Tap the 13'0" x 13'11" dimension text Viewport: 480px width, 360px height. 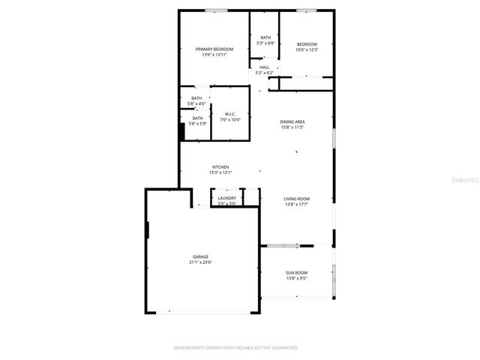click(214, 55)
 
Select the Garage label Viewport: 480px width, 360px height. click(200, 256)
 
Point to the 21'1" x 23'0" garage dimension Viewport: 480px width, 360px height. click(200, 262)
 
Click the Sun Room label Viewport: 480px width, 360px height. click(296, 272)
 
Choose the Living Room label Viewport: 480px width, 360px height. click(296, 199)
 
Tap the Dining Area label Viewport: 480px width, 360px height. click(292, 121)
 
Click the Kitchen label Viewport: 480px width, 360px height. click(220, 166)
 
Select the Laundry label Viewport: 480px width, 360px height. click(226, 198)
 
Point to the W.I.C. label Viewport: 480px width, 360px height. click(230, 114)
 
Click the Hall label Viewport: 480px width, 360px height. click(265, 67)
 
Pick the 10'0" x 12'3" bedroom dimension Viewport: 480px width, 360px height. click(307, 50)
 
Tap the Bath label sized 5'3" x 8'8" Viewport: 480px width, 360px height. click(265, 37)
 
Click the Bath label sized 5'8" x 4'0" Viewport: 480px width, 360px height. click(196, 98)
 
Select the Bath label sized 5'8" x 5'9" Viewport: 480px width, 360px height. click(197, 118)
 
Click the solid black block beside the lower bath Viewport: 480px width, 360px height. click(181, 131)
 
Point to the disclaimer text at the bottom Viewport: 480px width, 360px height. click(236, 348)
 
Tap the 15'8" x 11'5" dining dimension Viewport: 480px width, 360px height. click(292, 127)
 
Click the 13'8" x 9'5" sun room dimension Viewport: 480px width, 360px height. click(296, 278)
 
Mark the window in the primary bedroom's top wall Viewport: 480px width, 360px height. click(217, 10)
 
